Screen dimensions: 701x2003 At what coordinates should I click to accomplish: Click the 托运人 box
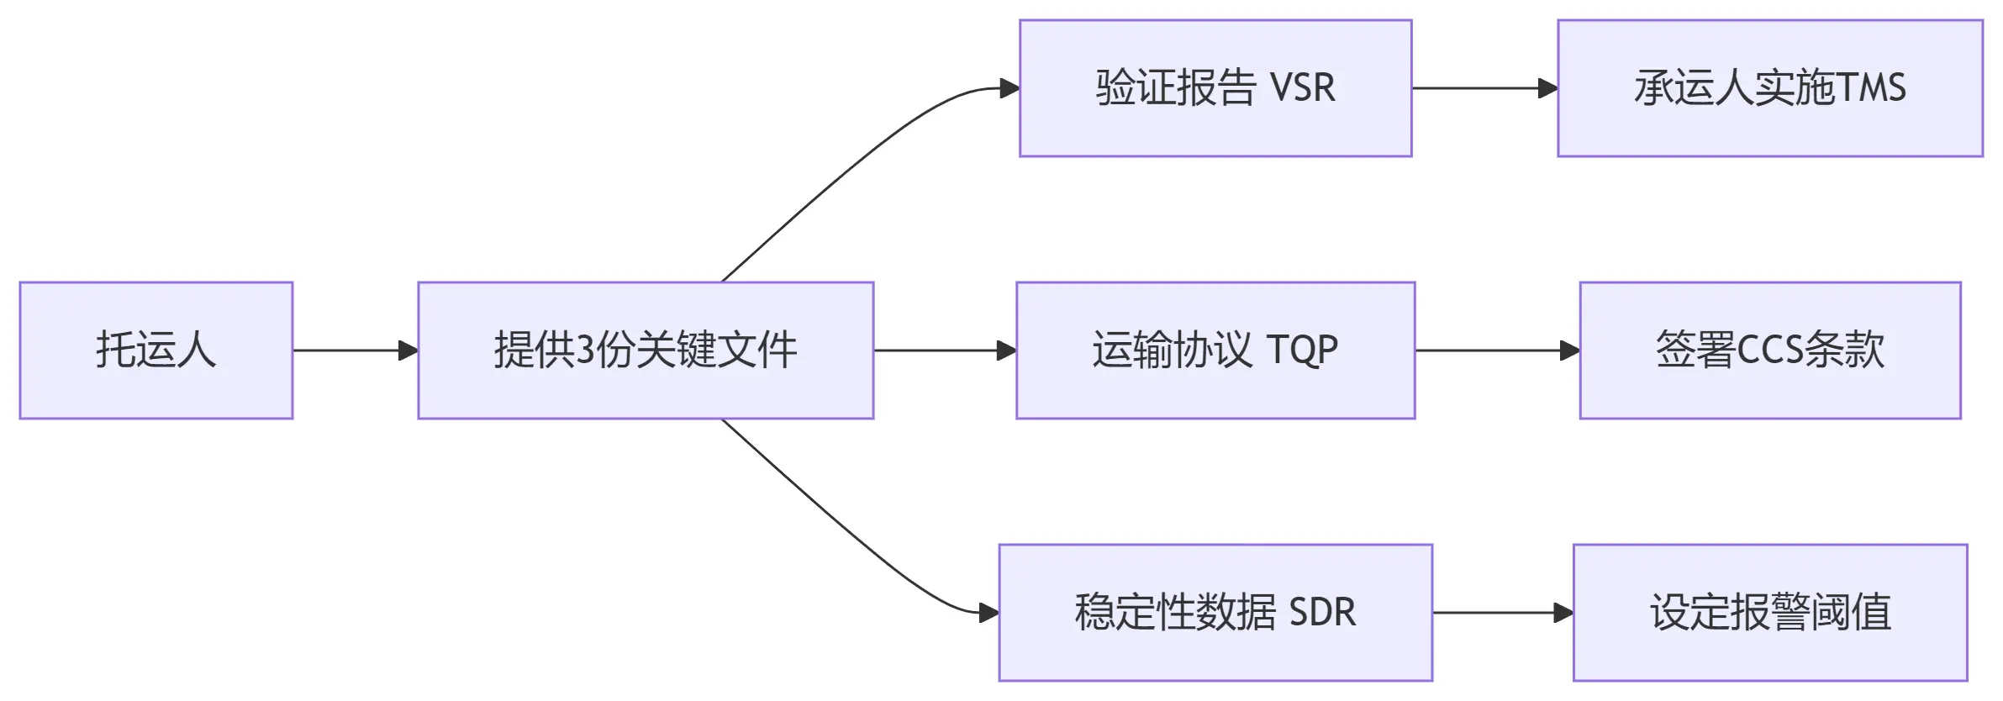(156, 350)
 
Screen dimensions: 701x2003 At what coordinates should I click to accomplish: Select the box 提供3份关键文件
(646, 350)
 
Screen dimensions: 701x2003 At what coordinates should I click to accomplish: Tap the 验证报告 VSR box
(1215, 88)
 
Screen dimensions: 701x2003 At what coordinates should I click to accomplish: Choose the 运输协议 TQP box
(1215, 350)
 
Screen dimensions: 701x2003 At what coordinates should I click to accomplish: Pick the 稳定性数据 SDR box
(1215, 613)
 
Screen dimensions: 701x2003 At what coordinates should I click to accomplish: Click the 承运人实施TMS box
(1770, 88)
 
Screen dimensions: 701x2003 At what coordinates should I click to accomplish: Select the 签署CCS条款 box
(1770, 350)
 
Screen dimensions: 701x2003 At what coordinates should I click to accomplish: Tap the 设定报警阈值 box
(1770, 613)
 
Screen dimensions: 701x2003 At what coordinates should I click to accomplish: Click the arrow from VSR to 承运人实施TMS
(1484, 88)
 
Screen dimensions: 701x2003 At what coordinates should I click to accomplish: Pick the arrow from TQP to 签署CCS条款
(1497, 350)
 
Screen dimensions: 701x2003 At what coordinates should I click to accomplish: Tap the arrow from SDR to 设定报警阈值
(1502, 613)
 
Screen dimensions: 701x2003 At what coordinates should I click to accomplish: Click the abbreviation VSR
(1302, 88)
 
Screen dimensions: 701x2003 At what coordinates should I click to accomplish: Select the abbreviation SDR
(1322, 613)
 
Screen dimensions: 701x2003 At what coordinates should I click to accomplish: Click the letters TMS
(1871, 88)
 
